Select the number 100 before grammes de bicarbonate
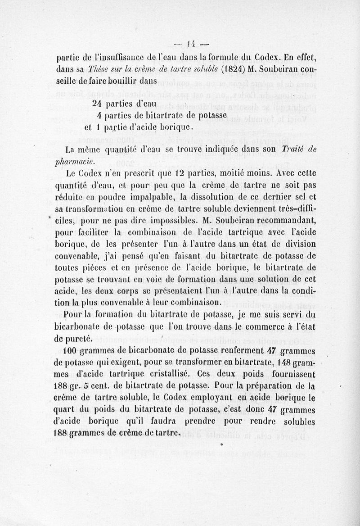pyautogui.click(x=72, y=350)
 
